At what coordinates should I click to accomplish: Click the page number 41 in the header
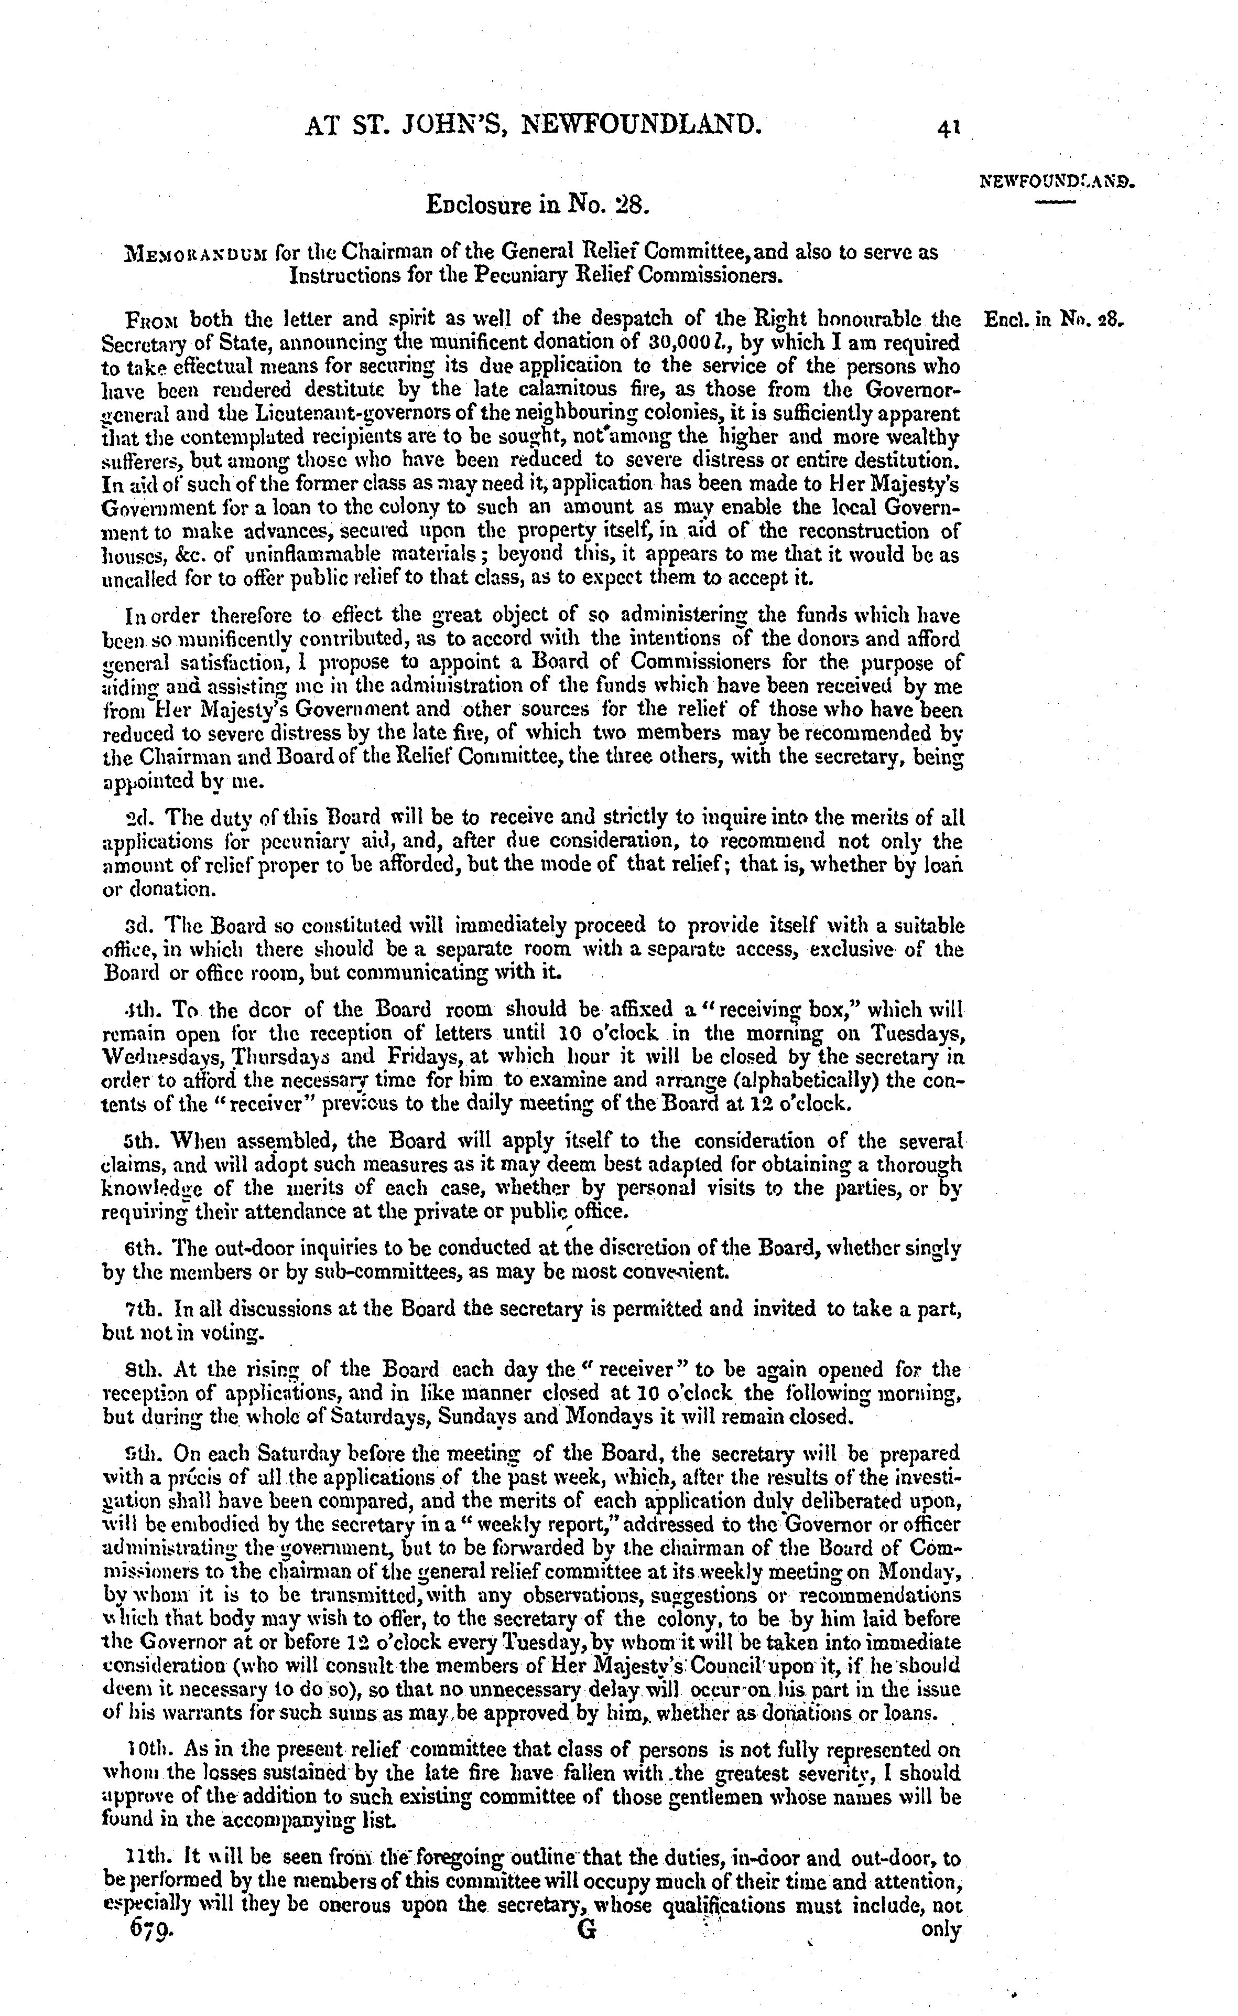click(949, 127)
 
